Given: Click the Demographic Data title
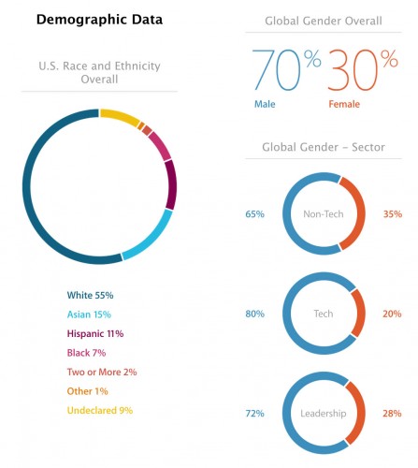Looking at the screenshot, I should (x=98, y=19).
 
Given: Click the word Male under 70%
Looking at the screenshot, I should (x=265, y=105).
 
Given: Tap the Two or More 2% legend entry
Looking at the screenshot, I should (x=103, y=372).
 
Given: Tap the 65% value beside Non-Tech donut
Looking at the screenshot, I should (x=254, y=214).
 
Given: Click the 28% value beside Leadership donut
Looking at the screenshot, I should (x=393, y=412).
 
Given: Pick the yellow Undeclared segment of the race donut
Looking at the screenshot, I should (x=120, y=117).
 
